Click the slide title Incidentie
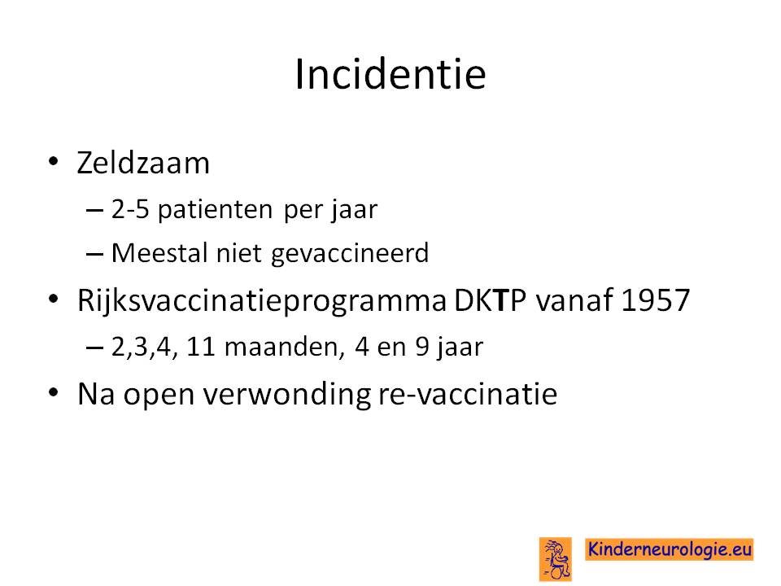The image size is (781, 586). coord(390,74)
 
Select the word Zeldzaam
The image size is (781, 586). coord(143,163)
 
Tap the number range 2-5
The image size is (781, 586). coord(130,208)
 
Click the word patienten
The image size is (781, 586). coord(215,210)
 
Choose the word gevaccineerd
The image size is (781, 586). coord(350,253)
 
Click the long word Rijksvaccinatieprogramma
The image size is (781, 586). coord(262,301)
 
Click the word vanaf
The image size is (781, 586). coord(574,300)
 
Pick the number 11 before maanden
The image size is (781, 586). coord(200,347)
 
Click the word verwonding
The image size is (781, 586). coord(287,395)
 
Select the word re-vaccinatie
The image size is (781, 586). coord(468,394)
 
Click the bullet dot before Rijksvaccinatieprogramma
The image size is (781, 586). coord(54,300)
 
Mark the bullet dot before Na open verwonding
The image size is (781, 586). coord(54,392)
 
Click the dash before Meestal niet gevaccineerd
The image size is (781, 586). coord(94,255)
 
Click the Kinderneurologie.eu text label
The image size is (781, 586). coord(669,549)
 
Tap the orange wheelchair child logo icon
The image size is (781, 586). coord(556,559)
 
